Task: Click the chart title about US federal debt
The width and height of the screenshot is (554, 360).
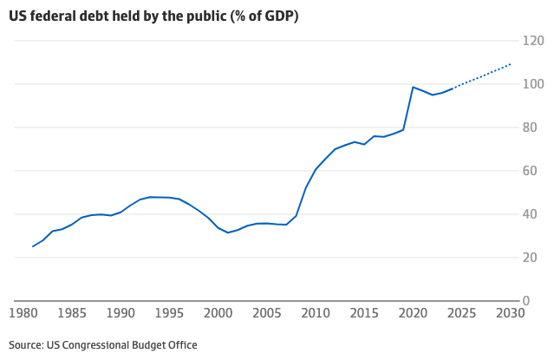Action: tap(153, 16)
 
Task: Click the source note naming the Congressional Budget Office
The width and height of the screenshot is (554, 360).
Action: tap(103, 345)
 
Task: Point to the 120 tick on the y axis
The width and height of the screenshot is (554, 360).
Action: tap(533, 41)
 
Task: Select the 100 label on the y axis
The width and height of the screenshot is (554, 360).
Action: tap(533, 84)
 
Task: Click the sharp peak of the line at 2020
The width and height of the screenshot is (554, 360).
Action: tap(413, 87)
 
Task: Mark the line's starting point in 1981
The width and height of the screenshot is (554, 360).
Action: tap(33, 246)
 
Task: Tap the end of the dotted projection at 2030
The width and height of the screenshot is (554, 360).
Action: tap(510, 64)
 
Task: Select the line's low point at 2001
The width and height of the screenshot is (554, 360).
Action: tap(228, 232)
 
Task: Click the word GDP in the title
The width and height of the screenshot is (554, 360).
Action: tap(277, 16)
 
